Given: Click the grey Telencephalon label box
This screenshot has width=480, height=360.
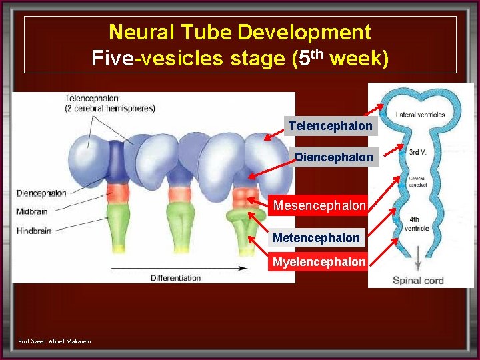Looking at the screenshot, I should coord(331,126).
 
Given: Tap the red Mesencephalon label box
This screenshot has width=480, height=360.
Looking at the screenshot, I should coord(319,205).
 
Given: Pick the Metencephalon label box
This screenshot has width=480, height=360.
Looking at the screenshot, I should coord(316,237).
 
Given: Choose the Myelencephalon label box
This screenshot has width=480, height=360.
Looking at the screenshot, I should coord(319,262).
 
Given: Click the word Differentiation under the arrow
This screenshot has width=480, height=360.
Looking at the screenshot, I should coord(175,277).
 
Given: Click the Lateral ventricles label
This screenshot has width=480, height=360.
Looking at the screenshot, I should coord(420,115).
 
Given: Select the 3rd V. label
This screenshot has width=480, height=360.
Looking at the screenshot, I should coord(417,152).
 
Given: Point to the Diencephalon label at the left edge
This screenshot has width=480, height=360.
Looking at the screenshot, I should coord(41,193).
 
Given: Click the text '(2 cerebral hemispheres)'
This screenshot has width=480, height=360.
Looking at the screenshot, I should coord(110,108).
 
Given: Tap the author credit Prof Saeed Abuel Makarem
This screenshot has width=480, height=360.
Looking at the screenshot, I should coord(55,341).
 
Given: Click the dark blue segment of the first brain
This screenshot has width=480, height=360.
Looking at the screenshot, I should coord(117,160).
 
